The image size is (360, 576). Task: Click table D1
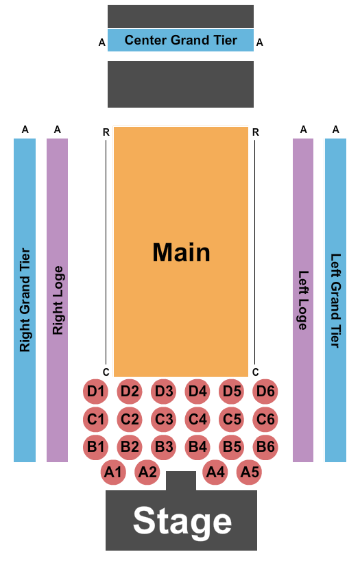(x=95, y=392)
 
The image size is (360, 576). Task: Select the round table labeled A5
(x=249, y=472)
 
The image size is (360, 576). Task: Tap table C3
(x=163, y=419)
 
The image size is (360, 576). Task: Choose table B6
(x=265, y=447)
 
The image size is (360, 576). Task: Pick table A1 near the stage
(x=113, y=472)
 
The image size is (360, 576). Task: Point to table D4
(x=197, y=392)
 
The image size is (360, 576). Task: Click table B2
(x=130, y=447)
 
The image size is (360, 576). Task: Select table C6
(x=265, y=419)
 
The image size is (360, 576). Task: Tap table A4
(x=215, y=472)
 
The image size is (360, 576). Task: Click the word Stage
(x=182, y=522)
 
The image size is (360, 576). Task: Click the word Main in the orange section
(x=181, y=252)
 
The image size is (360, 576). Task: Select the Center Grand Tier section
(x=180, y=40)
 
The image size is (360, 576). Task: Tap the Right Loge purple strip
(x=58, y=300)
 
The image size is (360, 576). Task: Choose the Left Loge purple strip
(x=303, y=300)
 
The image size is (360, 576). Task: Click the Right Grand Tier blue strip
(x=25, y=300)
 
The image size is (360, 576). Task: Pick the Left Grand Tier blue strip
(x=336, y=300)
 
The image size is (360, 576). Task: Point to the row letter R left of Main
(x=106, y=132)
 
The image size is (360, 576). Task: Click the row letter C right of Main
(x=256, y=372)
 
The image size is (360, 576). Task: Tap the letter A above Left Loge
(x=303, y=130)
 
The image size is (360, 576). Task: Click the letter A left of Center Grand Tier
(x=101, y=43)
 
